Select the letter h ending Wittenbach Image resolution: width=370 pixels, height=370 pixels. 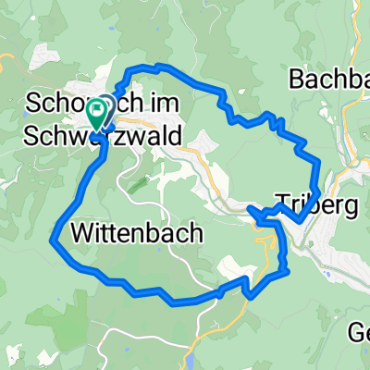(194, 233)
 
